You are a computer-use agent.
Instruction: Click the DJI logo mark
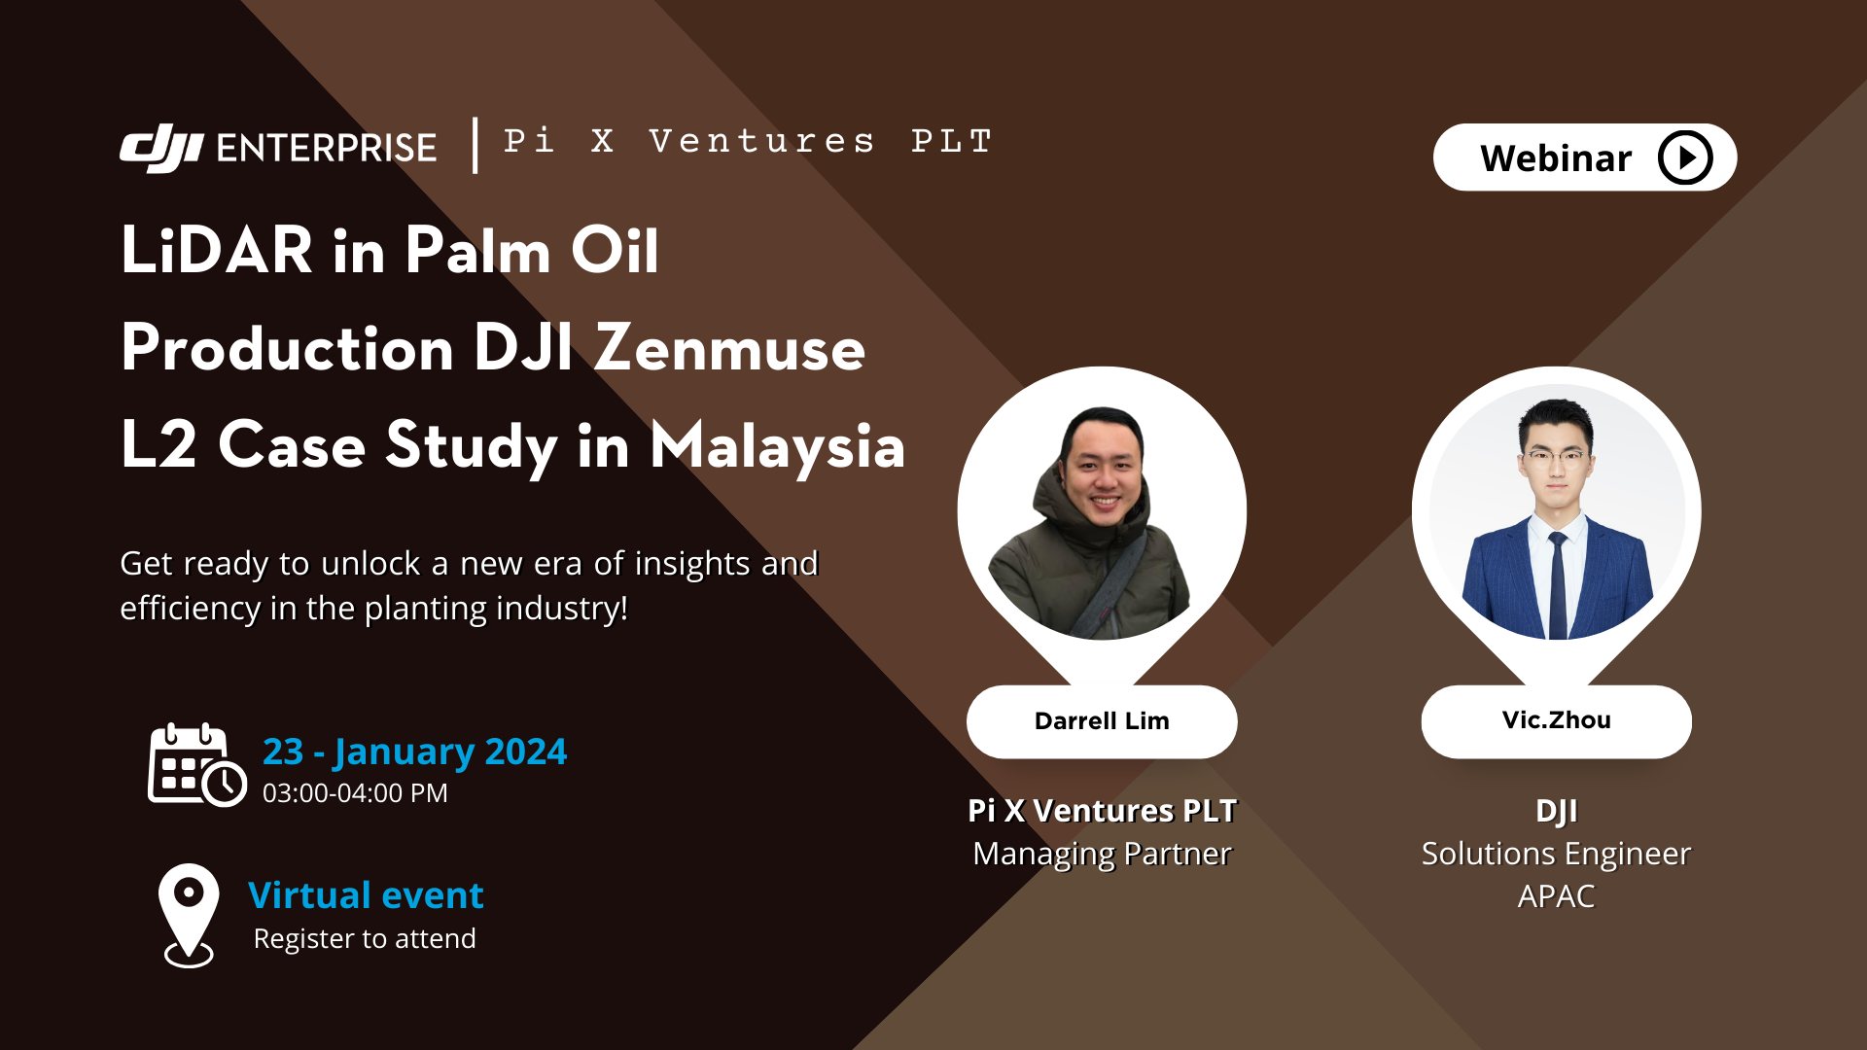(160, 148)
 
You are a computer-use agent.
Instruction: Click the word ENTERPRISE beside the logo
(326, 148)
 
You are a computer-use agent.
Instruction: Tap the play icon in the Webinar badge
(1684, 157)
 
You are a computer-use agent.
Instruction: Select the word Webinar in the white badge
(1555, 158)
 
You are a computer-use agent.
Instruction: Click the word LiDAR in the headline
(217, 250)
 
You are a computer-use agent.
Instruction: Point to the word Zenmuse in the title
(729, 348)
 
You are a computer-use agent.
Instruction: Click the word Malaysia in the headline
(777, 446)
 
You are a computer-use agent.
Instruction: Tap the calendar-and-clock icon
(196, 765)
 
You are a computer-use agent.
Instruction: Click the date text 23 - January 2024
(414, 752)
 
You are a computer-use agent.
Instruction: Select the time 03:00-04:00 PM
(355, 793)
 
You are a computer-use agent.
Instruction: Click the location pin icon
(188, 914)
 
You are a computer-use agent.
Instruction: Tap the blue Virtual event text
(366, 895)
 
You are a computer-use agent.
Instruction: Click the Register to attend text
(365, 939)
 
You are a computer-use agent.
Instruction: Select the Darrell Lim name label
(1102, 721)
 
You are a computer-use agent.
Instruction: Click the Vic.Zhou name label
(1556, 720)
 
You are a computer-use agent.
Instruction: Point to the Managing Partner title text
(1102, 854)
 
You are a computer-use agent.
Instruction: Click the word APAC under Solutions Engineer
(1556, 896)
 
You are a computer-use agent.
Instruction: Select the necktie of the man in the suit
(1558, 583)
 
